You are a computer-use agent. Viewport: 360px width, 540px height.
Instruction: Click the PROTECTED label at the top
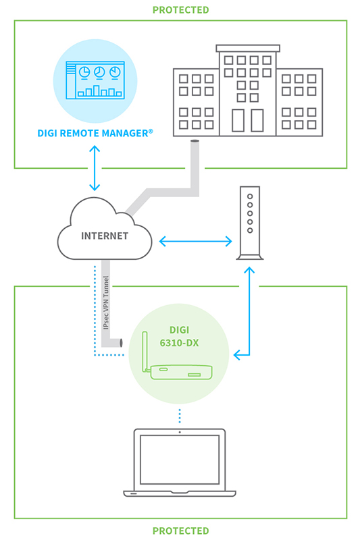click(180, 10)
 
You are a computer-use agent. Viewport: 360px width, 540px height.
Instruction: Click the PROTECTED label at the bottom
click(180, 531)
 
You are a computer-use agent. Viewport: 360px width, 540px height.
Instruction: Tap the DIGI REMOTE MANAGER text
click(95, 133)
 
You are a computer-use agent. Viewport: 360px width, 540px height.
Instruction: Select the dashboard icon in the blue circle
click(95, 80)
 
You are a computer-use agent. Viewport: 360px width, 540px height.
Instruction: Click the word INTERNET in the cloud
click(105, 236)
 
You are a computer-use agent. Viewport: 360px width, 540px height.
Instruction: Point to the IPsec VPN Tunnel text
click(106, 302)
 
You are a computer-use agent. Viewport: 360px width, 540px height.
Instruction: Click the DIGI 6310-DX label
click(179, 336)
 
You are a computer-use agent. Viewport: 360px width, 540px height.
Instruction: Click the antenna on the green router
click(145, 351)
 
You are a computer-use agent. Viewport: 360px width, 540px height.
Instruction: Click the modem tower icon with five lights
click(250, 223)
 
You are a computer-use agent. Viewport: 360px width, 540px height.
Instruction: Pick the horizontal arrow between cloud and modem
click(196, 242)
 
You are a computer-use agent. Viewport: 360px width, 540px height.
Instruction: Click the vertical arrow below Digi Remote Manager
click(95, 168)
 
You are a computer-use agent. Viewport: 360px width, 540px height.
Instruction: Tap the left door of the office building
click(238, 121)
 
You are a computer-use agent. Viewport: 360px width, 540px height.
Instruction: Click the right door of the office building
click(257, 121)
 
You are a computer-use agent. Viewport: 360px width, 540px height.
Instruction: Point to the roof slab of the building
click(248, 48)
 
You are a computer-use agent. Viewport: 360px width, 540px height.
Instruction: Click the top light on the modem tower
click(250, 196)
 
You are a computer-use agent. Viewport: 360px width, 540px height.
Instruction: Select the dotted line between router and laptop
click(180, 416)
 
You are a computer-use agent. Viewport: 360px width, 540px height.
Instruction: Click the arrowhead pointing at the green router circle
click(236, 355)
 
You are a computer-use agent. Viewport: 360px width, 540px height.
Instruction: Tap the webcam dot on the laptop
click(180, 432)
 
